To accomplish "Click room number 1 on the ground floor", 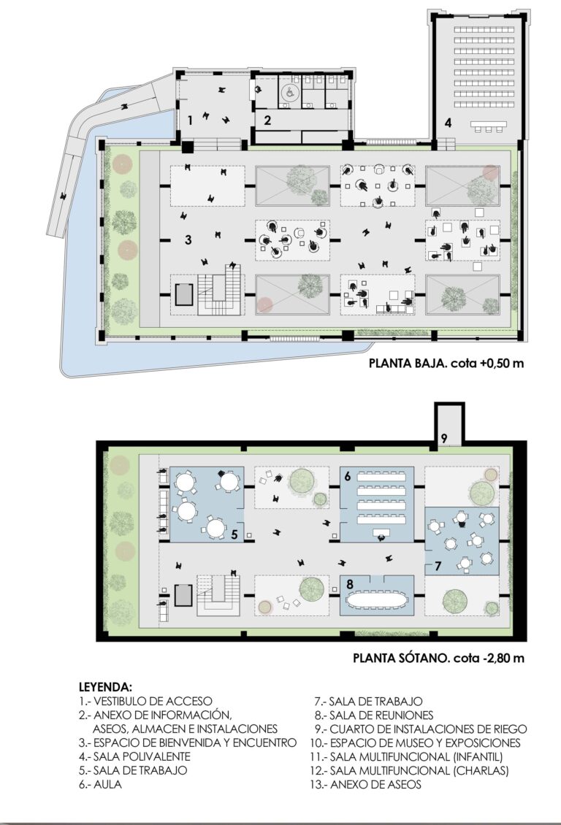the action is click(190, 120).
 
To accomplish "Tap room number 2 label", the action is click(267, 120).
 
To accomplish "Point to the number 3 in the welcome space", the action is click(188, 240).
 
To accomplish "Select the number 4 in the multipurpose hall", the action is click(448, 123).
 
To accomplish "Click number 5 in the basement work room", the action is click(234, 534).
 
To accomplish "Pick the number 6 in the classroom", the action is click(347, 477).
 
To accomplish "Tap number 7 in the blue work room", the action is click(438, 566).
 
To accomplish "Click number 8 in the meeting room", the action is click(349, 583).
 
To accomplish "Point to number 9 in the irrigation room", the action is click(443, 438).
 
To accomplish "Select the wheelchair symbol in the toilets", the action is click(289, 92).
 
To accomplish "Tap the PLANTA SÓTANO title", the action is click(399, 658).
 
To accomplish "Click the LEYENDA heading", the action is click(105, 687).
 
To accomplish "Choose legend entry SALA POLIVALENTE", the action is click(134, 756).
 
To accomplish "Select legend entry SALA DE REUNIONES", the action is click(374, 715).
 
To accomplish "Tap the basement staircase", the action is click(218, 595).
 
